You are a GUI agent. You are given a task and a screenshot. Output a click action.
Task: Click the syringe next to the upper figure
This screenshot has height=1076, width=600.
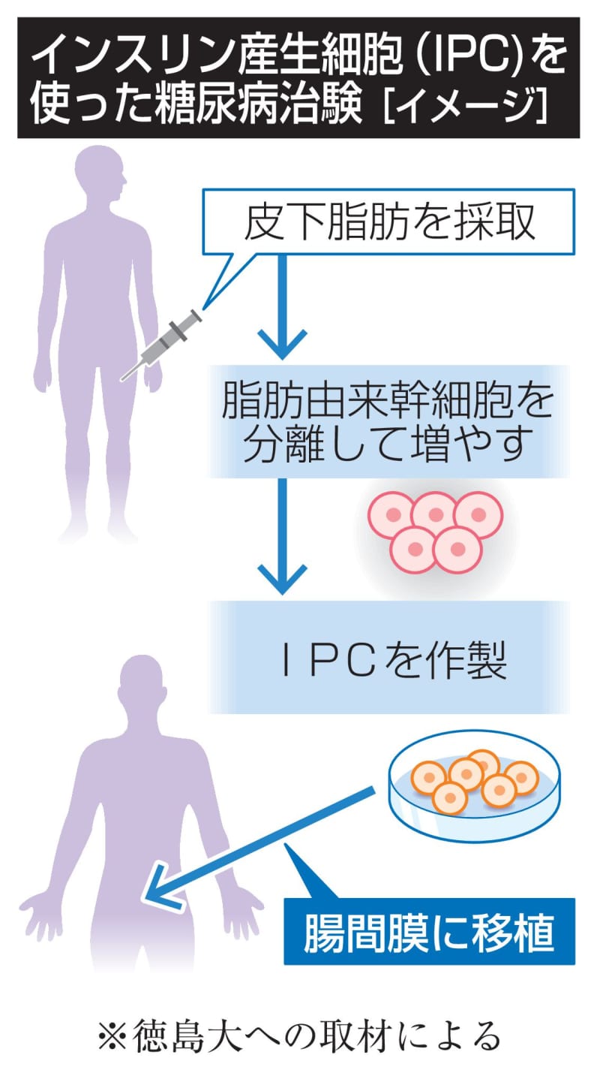[162, 343]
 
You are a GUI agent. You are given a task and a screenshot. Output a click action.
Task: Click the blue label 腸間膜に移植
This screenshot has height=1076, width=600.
[429, 931]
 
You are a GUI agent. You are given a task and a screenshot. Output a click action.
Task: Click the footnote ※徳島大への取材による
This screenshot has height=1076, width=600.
[299, 1037]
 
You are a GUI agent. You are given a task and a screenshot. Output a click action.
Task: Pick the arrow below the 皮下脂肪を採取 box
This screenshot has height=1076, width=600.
[282, 308]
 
